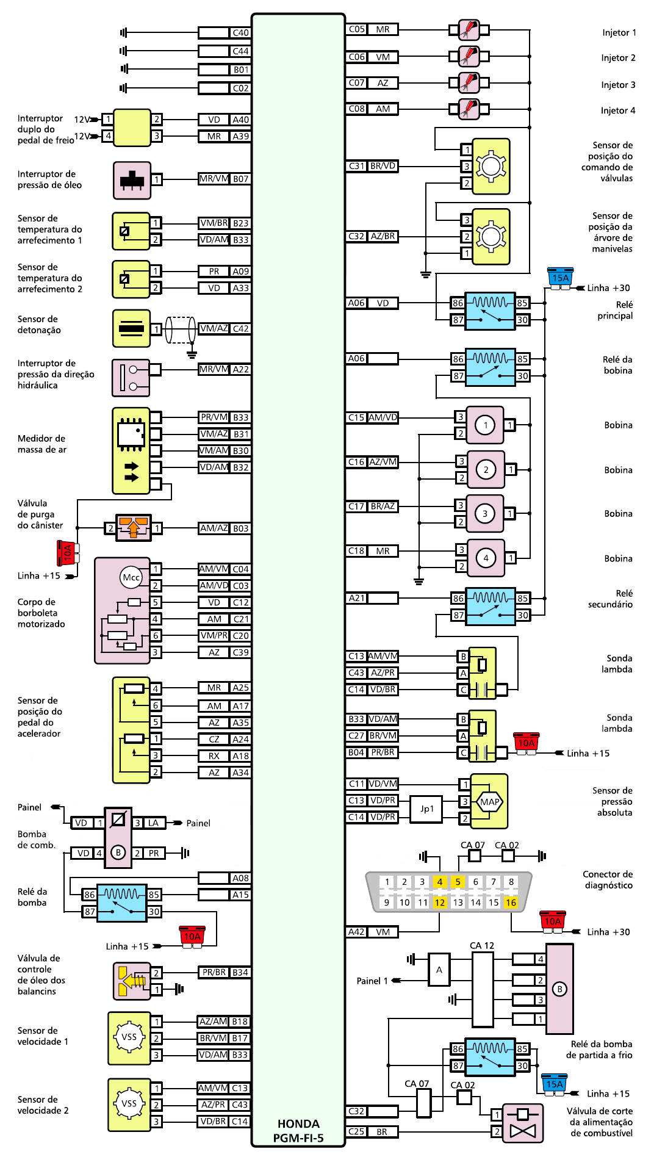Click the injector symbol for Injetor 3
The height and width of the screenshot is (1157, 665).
tap(469, 82)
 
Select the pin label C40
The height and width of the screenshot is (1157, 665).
tap(240, 33)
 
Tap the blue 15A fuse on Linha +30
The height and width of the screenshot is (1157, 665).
tap(560, 278)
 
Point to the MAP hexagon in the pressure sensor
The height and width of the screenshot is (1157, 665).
tap(489, 802)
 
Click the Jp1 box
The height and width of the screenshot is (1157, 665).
tap(426, 809)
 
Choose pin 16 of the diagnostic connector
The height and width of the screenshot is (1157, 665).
tap(511, 903)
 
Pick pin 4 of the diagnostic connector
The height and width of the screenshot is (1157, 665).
tap(439, 882)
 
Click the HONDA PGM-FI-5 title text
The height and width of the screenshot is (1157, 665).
tap(298, 1131)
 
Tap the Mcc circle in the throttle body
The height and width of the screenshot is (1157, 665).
tap(131, 577)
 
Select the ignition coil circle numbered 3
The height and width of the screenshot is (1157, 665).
tap(485, 514)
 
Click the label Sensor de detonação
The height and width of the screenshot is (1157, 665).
tap(39, 325)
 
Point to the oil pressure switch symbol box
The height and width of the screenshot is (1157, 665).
tap(132, 180)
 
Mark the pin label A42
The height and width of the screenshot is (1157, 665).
tap(356, 932)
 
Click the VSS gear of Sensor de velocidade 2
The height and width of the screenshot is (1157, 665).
tap(129, 1103)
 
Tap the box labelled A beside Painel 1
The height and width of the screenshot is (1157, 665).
tap(439, 970)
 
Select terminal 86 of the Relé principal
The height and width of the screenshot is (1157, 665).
tap(458, 303)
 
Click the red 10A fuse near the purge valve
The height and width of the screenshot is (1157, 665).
tap(66, 553)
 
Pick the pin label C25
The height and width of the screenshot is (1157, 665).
tap(356, 1131)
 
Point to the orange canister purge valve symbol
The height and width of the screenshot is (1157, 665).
tap(134, 527)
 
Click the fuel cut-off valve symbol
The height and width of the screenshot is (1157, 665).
tap(522, 1123)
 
